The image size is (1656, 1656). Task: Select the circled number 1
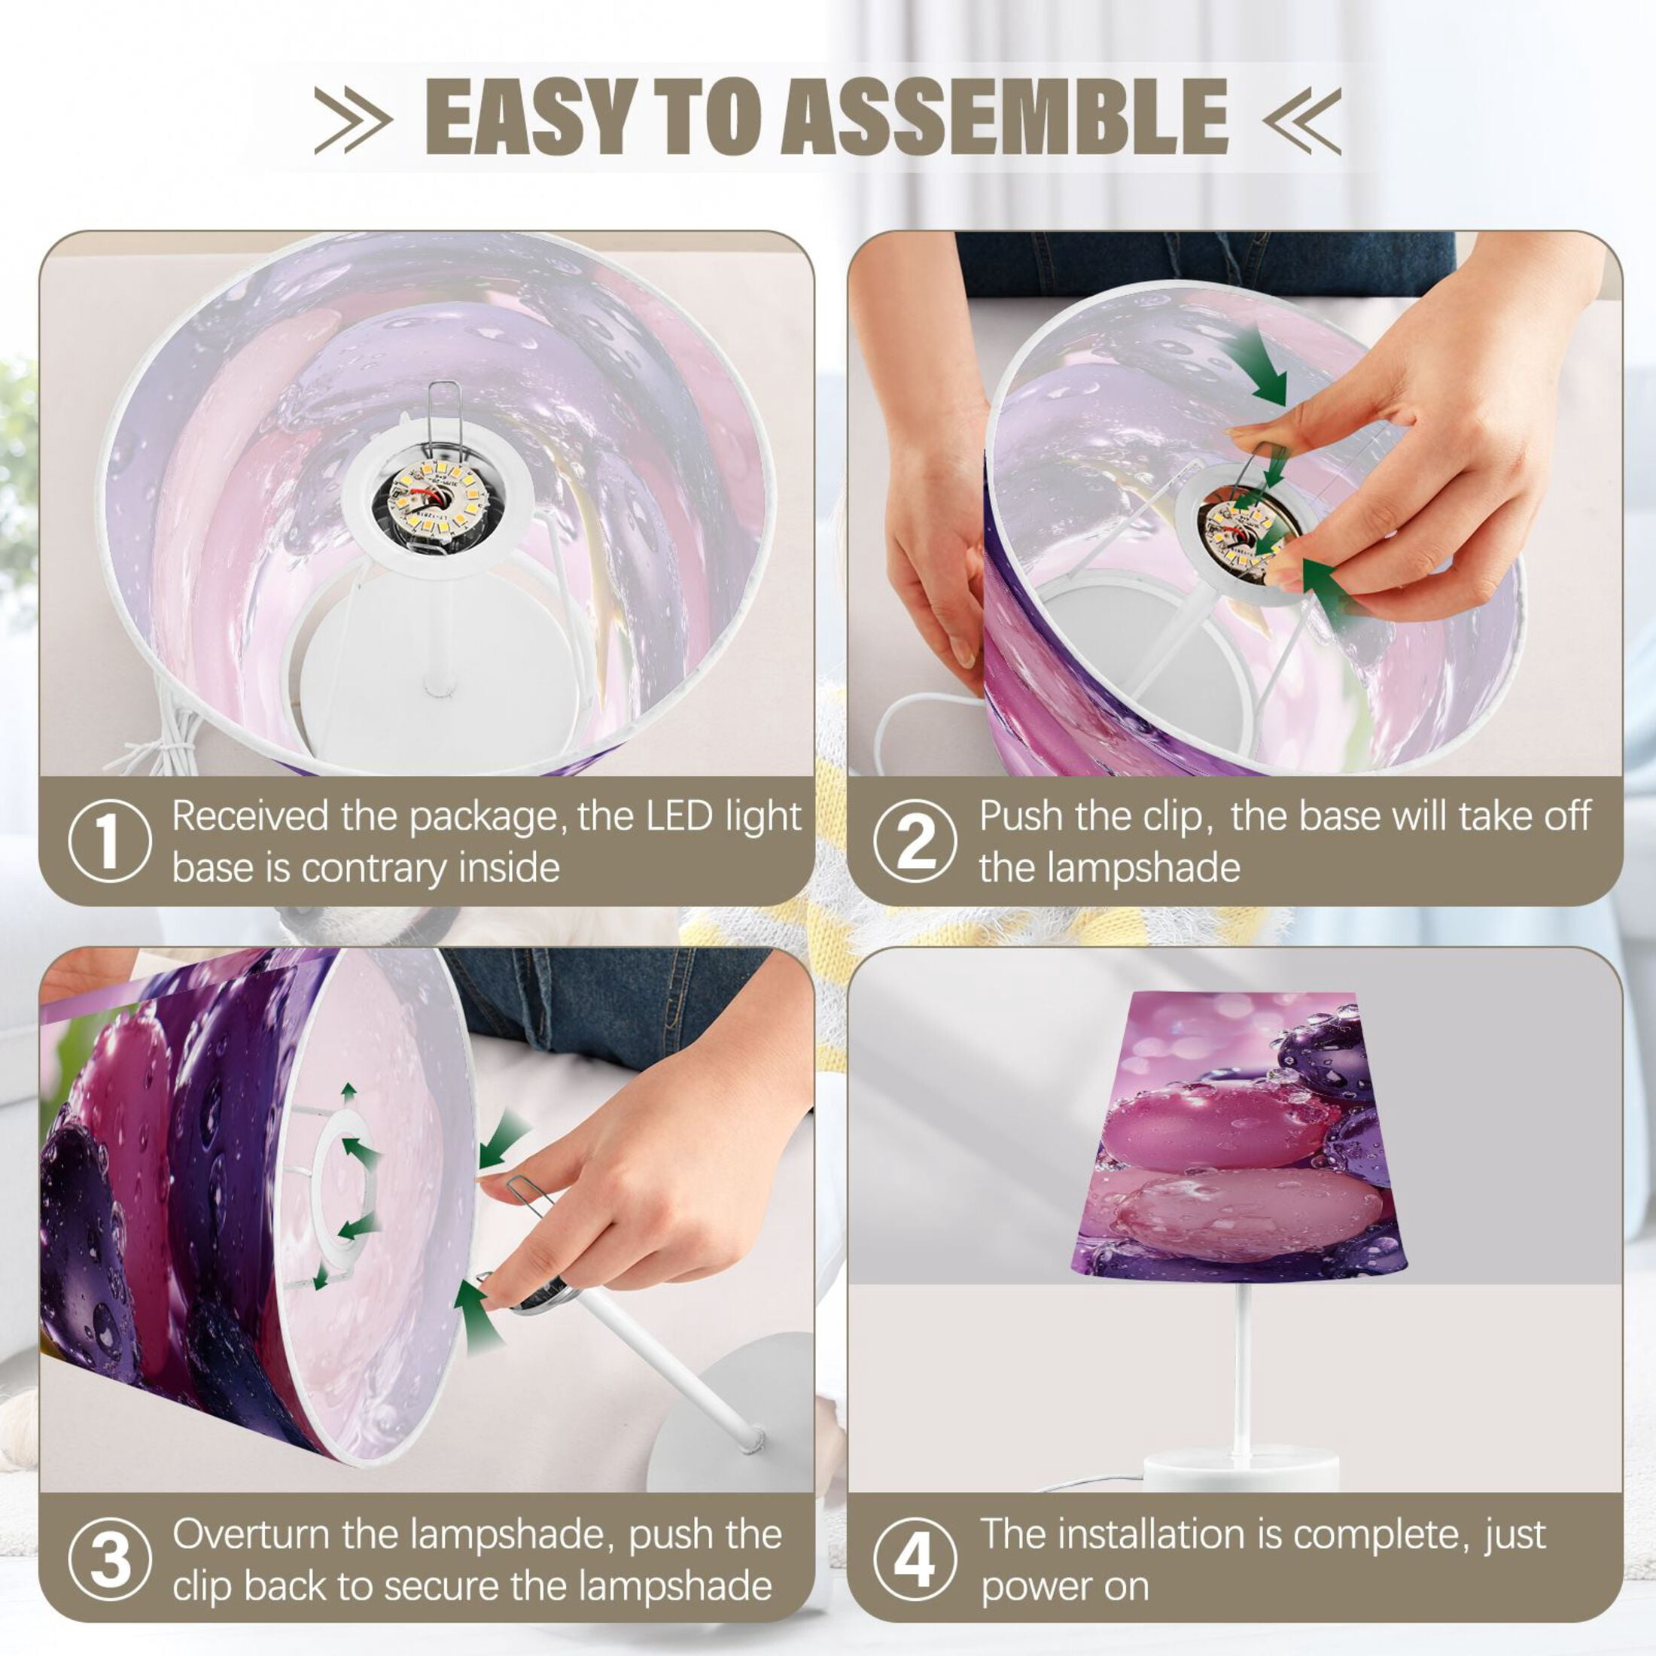109,842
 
